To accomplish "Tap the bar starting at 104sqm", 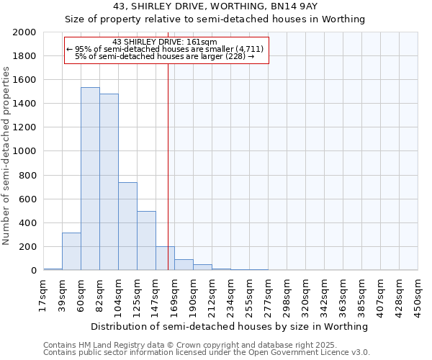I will (127, 226).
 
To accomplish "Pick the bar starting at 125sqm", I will (146, 240).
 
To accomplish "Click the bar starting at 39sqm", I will (71, 251).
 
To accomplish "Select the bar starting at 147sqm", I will (165, 258).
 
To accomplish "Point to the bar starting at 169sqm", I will (184, 265).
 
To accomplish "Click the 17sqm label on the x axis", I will (43, 293).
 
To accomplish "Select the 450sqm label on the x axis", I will (418, 293).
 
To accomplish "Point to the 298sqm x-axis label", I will (287, 293).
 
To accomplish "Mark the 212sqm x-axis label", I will (212, 293).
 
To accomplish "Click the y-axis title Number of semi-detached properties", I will (7, 156).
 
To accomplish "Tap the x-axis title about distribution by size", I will (230, 326).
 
